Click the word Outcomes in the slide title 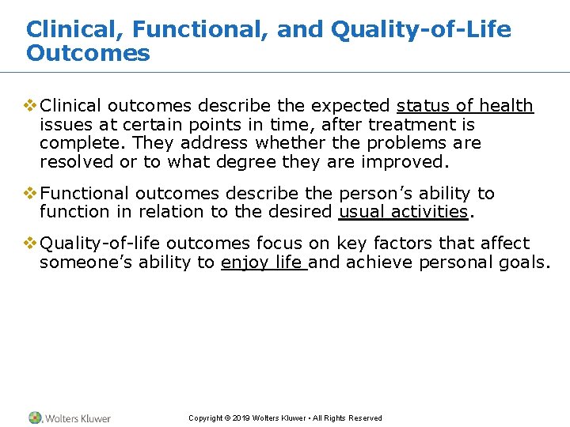(88, 54)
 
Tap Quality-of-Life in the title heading (421, 30)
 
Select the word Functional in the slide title (193, 30)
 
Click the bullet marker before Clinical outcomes (32, 106)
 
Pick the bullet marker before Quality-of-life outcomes (32, 244)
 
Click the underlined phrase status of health (465, 106)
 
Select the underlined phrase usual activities (404, 212)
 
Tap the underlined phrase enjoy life (264, 263)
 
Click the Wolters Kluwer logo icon (35, 418)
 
